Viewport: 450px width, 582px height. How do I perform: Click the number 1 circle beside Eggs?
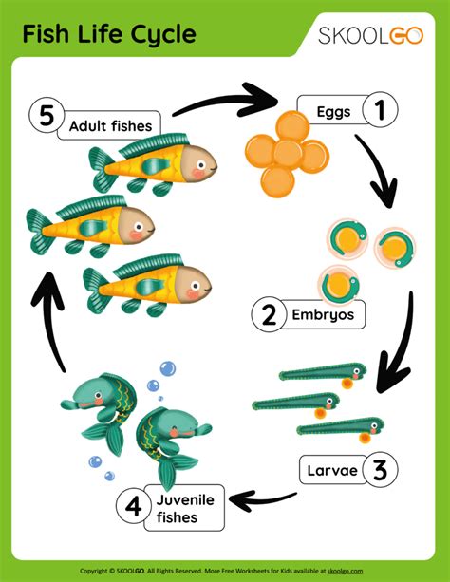point(379,111)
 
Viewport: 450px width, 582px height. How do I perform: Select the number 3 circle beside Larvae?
point(379,469)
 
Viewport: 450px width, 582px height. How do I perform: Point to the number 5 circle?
point(45,118)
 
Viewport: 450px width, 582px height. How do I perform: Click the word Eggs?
point(333,112)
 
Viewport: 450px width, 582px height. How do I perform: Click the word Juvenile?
point(178,499)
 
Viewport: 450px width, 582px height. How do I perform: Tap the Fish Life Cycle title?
point(109,35)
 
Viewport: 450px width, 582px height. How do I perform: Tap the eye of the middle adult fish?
point(141,226)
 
